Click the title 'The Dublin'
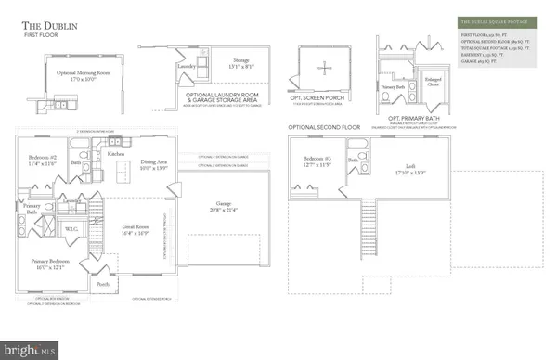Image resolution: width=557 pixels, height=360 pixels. [50, 25]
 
